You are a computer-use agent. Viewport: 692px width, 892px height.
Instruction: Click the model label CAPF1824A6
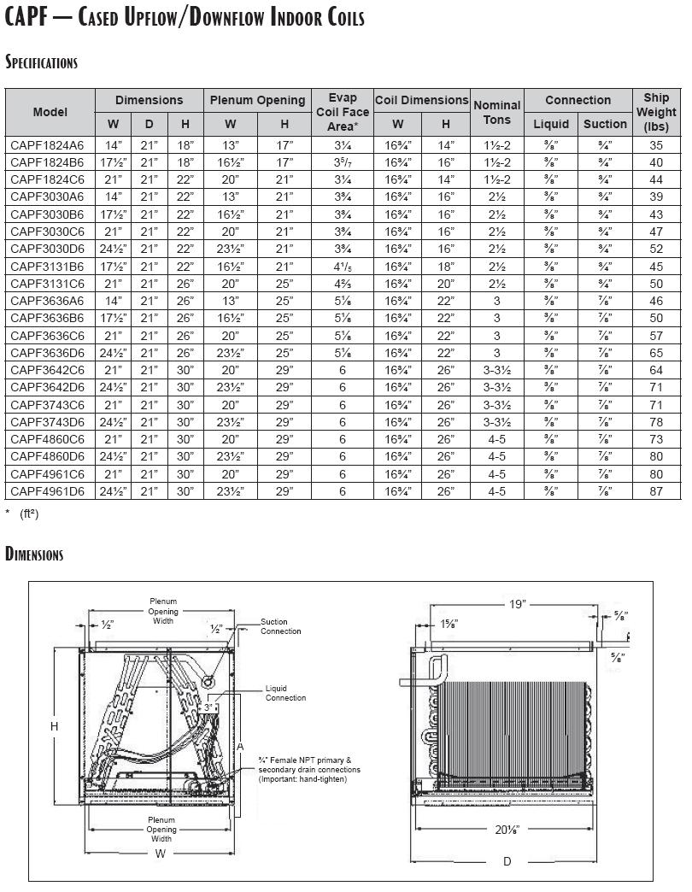point(47,146)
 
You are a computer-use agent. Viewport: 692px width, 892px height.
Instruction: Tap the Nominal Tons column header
point(496,112)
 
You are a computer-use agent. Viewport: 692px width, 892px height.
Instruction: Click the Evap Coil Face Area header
point(343,112)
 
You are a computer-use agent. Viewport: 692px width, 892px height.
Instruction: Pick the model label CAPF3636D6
point(47,353)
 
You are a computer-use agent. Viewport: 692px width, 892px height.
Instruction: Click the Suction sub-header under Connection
point(605,124)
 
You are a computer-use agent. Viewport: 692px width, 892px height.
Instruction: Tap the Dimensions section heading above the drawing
point(34,555)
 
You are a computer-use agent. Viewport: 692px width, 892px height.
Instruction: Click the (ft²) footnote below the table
point(29,513)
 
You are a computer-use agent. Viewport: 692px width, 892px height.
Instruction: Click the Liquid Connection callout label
point(285,693)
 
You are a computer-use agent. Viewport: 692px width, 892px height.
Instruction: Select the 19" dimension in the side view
point(518,604)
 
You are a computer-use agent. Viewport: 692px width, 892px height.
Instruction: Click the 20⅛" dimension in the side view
point(506,829)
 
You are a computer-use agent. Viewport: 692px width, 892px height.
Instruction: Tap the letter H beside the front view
point(54,726)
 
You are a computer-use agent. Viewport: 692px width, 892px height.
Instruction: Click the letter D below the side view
point(507,861)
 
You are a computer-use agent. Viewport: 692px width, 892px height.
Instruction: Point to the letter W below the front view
point(161,854)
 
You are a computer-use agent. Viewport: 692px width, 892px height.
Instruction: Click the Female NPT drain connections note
point(309,770)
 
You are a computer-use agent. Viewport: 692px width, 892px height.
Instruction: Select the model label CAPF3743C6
point(47,405)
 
